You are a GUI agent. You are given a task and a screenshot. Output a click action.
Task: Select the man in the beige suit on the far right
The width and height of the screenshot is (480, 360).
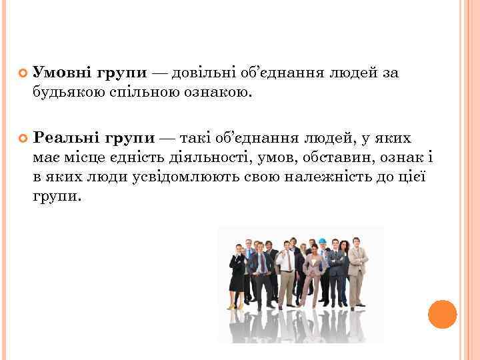pos(358,273)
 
